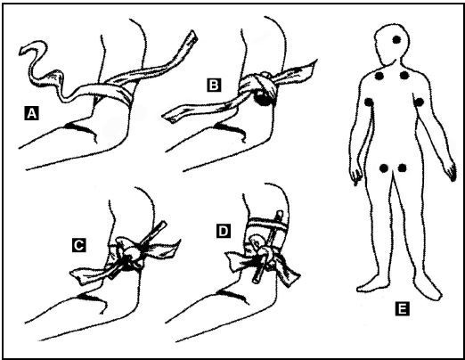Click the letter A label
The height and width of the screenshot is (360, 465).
point(31,113)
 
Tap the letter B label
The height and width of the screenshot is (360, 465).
point(214,85)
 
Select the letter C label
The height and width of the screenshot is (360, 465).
point(79,245)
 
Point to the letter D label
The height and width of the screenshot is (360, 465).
point(224,231)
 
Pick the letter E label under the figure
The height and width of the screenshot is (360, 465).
point(402,308)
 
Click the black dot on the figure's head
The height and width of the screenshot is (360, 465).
point(396,39)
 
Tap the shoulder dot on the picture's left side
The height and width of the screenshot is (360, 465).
point(379,76)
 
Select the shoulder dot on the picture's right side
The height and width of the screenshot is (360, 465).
point(404,76)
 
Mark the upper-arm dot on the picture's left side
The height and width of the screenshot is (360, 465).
point(369,102)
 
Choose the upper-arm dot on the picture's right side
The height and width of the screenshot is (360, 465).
point(419,102)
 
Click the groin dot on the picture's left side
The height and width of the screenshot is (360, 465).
point(384,168)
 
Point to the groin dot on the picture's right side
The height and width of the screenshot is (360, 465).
point(402,168)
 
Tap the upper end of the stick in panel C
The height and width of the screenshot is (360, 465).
point(164,225)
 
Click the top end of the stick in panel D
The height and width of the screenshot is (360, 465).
point(280,213)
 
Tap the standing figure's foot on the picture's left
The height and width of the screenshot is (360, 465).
point(368,285)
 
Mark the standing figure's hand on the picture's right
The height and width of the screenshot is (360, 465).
point(451,172)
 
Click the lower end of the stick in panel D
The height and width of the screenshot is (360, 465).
point(257,279)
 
